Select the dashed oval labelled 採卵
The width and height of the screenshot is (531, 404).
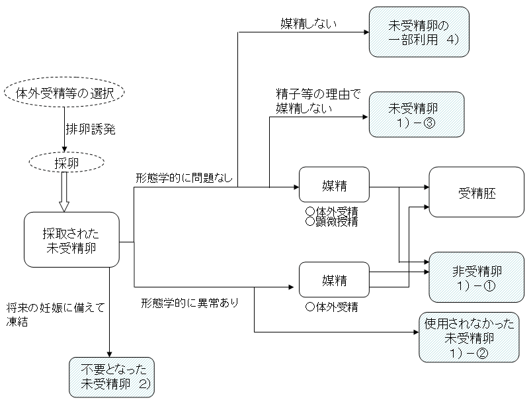point(65,162)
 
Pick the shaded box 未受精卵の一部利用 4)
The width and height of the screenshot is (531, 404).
point(419,31)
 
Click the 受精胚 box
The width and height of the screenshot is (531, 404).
point(477,195)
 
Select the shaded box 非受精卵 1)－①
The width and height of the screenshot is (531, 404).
point(477,277)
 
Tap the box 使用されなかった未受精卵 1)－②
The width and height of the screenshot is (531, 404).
point(467,337)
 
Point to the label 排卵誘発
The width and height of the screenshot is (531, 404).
point(91,129)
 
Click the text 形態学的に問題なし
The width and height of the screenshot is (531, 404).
point(184,179)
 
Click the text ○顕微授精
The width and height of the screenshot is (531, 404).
point(331,223)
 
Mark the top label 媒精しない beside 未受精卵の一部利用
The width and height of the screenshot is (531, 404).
point(309,25)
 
